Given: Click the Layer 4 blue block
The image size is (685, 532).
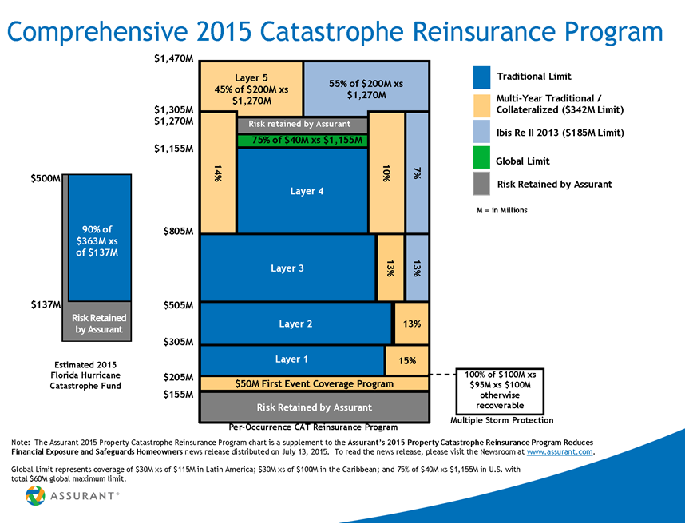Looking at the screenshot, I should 302,191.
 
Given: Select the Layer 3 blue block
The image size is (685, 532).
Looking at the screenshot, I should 287,268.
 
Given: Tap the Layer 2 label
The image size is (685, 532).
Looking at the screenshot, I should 295,324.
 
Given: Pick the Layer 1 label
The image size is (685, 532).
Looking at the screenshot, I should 291,359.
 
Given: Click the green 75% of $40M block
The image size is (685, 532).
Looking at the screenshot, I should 302,141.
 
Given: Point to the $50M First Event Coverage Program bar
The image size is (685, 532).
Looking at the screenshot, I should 314,383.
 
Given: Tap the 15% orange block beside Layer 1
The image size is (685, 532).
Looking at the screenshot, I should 407,360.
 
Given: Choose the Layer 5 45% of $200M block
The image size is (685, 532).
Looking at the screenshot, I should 251,89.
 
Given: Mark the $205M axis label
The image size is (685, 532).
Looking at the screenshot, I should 179,376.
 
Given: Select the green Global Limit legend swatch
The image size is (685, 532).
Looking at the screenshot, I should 481,161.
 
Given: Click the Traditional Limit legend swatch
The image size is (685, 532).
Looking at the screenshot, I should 481,76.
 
